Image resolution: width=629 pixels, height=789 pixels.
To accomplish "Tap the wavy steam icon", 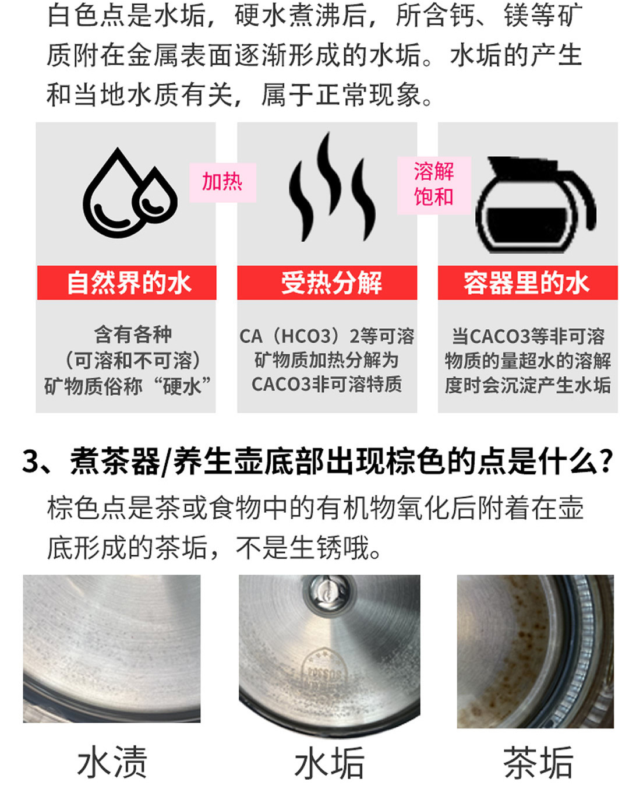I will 331,187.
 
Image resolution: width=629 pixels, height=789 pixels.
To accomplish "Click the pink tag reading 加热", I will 222,182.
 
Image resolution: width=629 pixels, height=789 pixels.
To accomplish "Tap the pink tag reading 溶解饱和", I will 434,185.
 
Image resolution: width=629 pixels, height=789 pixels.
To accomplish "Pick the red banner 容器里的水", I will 528,283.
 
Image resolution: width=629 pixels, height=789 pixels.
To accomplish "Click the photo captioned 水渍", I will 112,649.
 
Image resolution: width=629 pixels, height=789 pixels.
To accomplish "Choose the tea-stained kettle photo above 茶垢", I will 535,651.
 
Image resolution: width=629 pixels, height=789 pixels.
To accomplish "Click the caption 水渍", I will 112,762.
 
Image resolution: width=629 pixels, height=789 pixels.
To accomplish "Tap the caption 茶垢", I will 538,763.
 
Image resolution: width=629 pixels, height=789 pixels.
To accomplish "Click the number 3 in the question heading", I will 30,462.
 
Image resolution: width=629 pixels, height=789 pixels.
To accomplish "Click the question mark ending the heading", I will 606,462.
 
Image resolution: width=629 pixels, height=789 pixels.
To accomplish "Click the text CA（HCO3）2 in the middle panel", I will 295,336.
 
